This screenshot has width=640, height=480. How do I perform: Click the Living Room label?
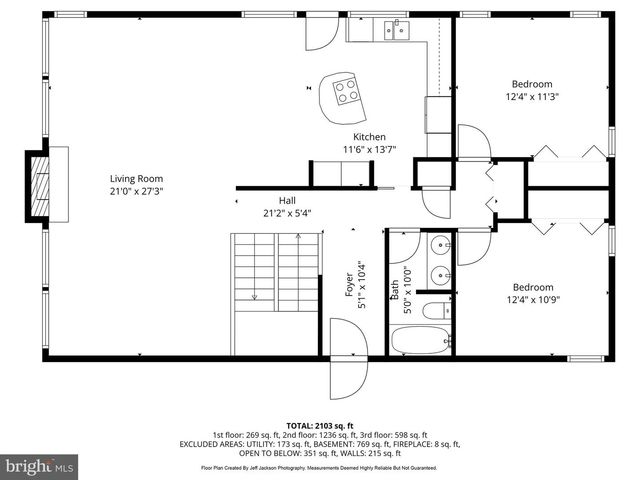pos(136,178)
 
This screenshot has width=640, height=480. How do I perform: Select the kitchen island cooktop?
pos(347,92)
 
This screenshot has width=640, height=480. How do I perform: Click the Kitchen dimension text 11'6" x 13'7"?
pos(369,150)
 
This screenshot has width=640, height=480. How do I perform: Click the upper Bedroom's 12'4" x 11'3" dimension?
pos(531,97)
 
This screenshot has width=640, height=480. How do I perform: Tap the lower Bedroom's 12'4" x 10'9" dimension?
pos(531,297)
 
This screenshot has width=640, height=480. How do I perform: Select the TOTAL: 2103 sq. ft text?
pos(319,425)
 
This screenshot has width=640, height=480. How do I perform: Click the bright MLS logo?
pos(40,466)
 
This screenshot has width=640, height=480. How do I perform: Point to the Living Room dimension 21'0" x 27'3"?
pos(136,191)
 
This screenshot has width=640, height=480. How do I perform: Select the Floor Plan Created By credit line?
pos(319,467)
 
